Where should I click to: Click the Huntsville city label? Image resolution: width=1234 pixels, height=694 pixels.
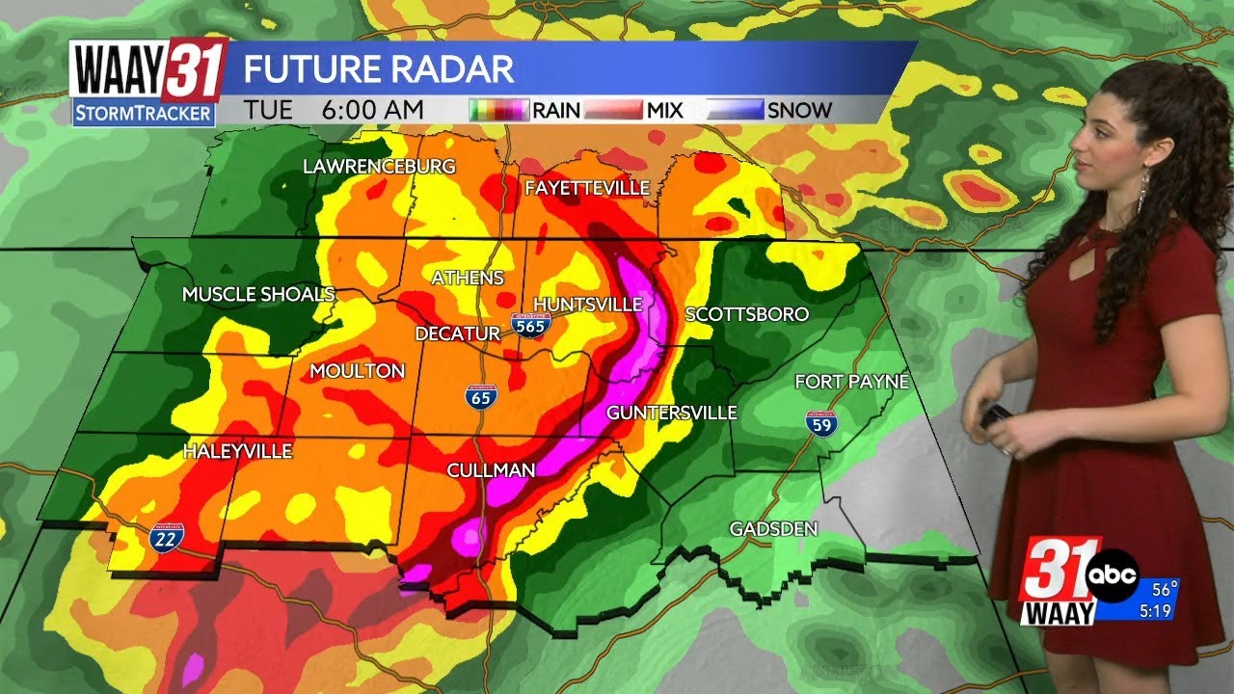coord(587,305)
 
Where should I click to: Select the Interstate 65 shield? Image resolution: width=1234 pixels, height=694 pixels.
coord(480,397)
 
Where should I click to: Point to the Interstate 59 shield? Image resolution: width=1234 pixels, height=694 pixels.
coord(822,422)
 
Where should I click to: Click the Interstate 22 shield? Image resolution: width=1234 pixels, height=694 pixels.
coord(164,538)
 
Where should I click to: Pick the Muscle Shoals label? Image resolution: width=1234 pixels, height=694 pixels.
coord(258,294)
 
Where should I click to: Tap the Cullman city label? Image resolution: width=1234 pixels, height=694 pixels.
coord(491,470)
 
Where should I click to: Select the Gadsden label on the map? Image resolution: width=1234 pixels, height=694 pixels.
coord(773,529)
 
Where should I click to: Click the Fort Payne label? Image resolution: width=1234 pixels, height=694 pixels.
coord(851,383)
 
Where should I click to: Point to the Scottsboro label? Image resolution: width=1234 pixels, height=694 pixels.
coord(746,314)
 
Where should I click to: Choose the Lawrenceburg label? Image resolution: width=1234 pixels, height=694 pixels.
coord(379,167)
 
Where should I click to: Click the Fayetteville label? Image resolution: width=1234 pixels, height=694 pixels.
coord(587,188)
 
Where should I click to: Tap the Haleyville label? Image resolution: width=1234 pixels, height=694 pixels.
coord(237,451)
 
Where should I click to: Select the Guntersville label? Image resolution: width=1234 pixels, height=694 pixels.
coord(671,413)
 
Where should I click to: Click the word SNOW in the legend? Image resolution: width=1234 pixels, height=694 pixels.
coord(799,110)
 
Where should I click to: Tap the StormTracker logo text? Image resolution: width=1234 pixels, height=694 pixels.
coord(144,113)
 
